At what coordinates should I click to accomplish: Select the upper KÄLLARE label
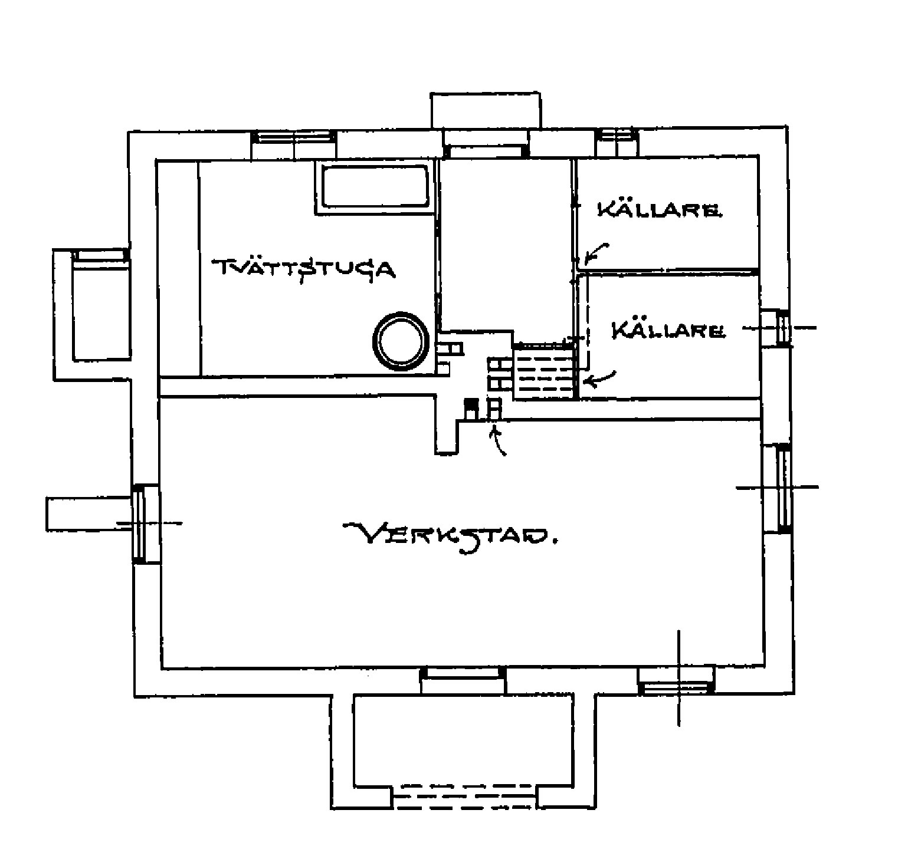[658, 209]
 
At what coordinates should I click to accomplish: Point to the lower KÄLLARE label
[668, 330]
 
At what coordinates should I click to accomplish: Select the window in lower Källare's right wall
[783, 328]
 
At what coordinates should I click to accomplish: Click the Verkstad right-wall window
[785, 489]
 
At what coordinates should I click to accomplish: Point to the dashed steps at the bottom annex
[465, 795]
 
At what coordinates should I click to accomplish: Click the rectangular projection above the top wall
[486, 110]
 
